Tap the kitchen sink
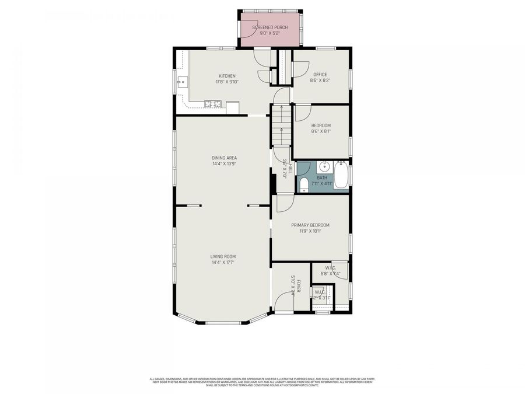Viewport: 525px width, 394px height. tap(181, 82)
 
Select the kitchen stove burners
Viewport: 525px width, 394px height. tap(213, 104)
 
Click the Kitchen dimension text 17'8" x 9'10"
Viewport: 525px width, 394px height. tap(227, 82)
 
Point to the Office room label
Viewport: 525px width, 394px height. tap(320, 74)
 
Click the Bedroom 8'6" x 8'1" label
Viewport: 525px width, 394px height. tap(321, 125)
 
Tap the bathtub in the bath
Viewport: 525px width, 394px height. tap(341, 175)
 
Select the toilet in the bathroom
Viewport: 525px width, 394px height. tap(303, 185)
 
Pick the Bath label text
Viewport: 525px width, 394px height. tap(322, 177)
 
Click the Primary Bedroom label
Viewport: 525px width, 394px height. tap(310, 225)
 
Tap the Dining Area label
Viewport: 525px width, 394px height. tap(224, 158)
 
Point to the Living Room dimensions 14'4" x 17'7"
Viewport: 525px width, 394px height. tap(224, 263)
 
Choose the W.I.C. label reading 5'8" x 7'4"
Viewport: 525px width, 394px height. tap(331, 271)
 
